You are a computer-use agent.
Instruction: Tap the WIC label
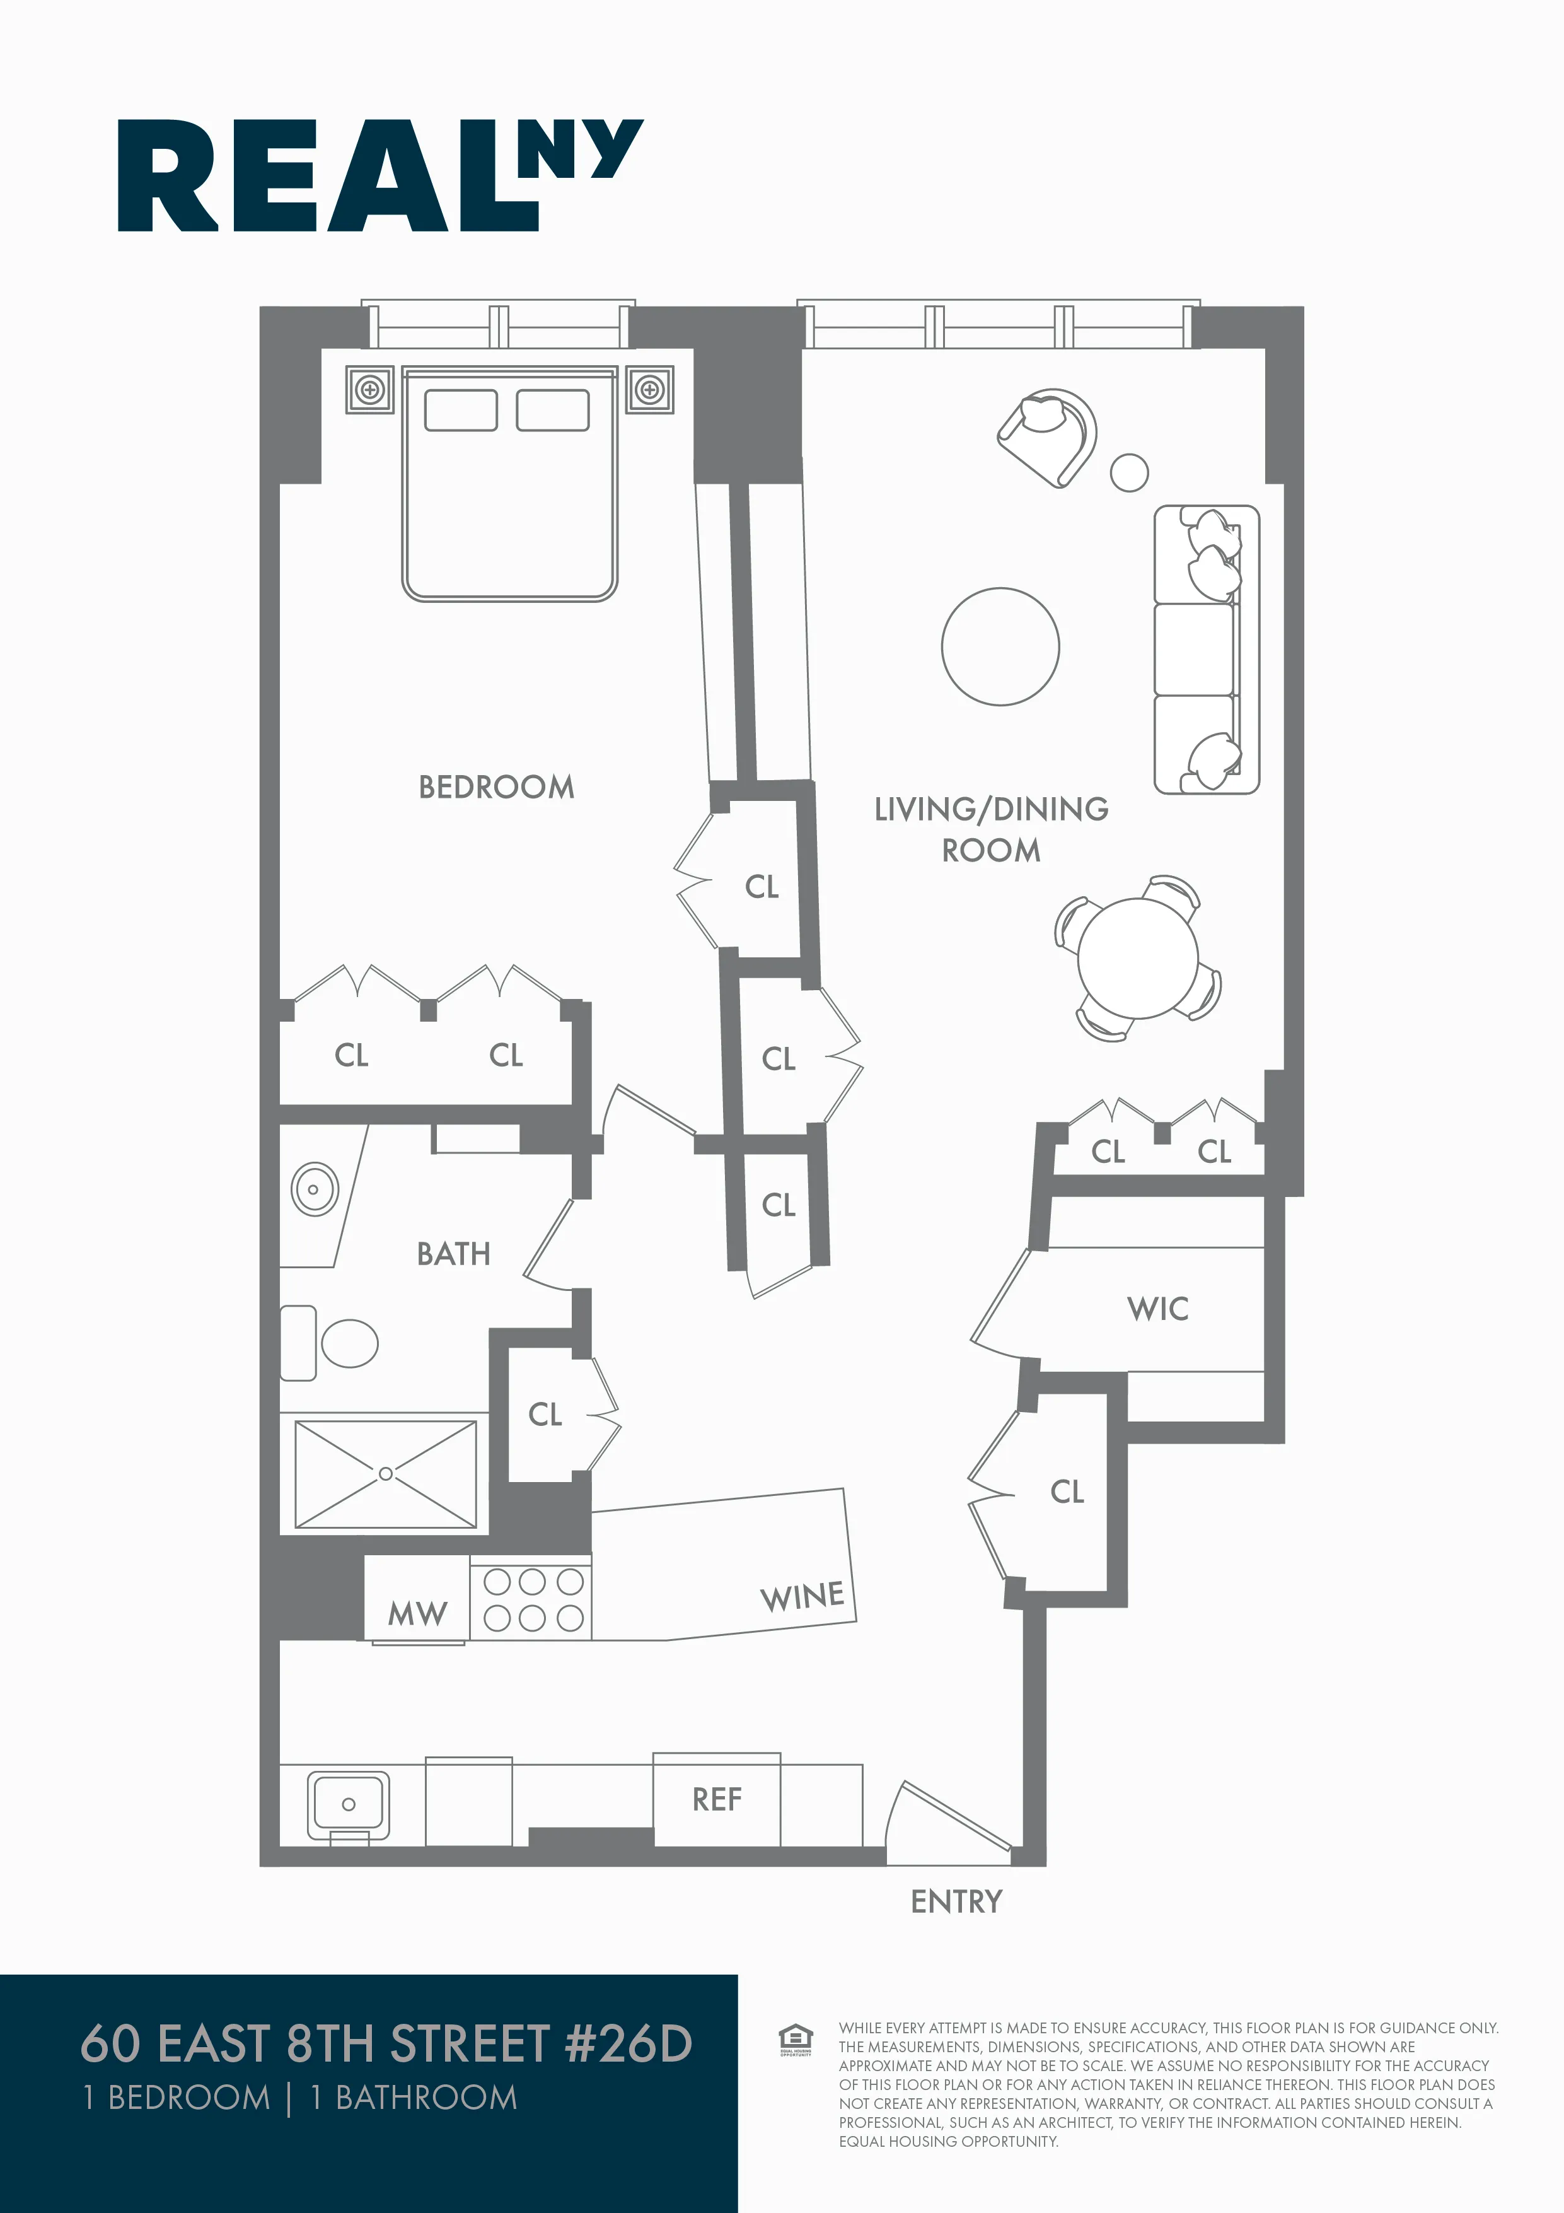point(1157,1309)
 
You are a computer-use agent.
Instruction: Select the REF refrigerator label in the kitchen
point(716,1799)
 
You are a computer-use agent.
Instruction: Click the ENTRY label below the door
point(956,1901)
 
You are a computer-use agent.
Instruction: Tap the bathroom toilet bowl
point(349,1343)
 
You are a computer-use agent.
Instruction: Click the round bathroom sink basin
point(314,1189)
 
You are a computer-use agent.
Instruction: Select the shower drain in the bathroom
point(385,1474)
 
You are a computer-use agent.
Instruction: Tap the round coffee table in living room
point(1000,646)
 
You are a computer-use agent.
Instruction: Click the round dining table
point(1137,958)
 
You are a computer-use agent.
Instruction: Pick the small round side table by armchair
point(1130,472)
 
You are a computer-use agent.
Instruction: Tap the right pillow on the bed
point(552,411)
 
